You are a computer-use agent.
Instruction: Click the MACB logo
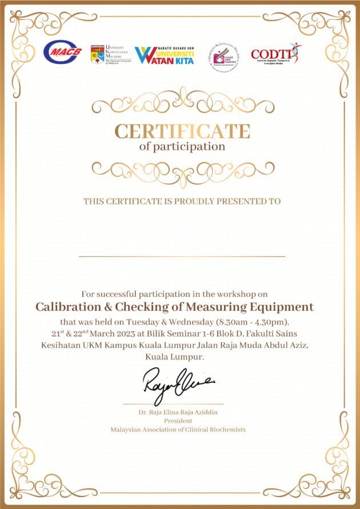pyautogui.click(x=62, y=53)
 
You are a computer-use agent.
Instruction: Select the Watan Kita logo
pyautogui.click(x=164, y=55)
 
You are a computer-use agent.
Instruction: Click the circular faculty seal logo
pyautogui.click(x=223, y=55)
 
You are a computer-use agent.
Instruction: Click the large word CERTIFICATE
pyautogui.click(x=182, y=131)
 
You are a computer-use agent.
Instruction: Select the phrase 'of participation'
pyautogui.click(x=182, y=146)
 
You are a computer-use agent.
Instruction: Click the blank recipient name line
pyautogui.click(x=182, y=256)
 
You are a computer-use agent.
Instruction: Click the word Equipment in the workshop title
pyautogui.click(x=281, y=307)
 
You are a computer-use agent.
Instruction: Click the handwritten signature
pyautogui.click(x=178, y=382)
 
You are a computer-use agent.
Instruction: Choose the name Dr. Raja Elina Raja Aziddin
pyautogui.click(x=178, y=412)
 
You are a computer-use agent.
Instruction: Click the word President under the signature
pyautogui.click(x=178, y=420)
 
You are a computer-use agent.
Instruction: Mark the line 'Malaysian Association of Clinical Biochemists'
pyautogui.click(x=178, y=429)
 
